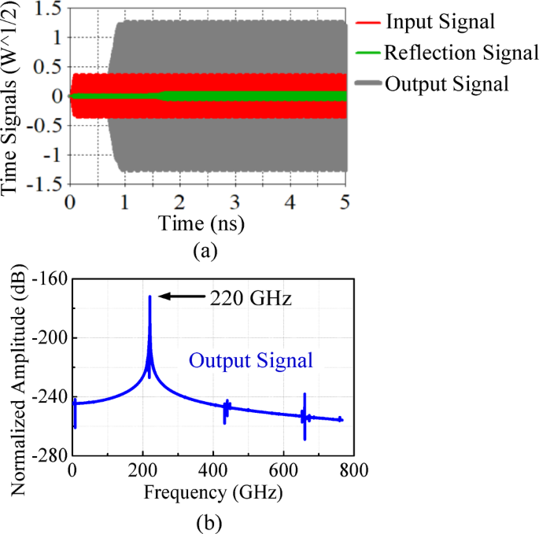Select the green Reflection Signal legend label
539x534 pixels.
[461, 53]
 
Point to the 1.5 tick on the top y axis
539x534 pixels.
[49, 9]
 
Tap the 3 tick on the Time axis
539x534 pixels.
[236, 201]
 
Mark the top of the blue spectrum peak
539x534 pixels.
[150, 297]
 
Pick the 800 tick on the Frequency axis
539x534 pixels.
[349, 472]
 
